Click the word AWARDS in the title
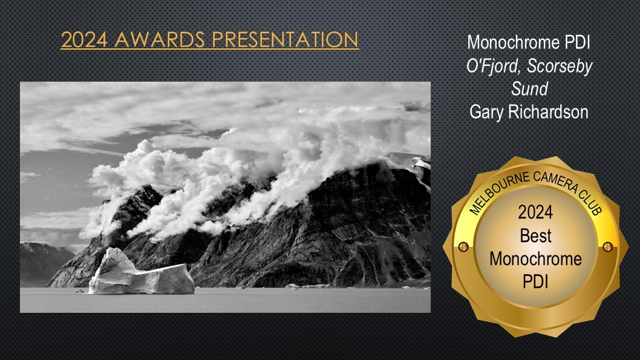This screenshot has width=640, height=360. (x=160, y=39)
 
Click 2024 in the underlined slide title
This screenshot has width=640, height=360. (x=85, y=39)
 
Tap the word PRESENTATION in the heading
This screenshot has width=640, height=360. (x=285, y=39)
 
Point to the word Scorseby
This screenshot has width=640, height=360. (x=560, y=67)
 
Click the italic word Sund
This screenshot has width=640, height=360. (x=530, y=89)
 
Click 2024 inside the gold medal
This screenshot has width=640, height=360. (x=535, y=212)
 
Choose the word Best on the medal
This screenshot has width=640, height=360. (x=535, y=235)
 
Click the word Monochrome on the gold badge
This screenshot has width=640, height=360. (x=535, y=259)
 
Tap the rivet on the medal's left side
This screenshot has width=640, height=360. (x=463, y=247)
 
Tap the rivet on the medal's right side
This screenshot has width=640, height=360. (x=608, y=247)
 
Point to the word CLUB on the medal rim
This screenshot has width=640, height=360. (x=590, y=203)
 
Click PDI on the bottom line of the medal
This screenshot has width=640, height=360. (x=535, y=281)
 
